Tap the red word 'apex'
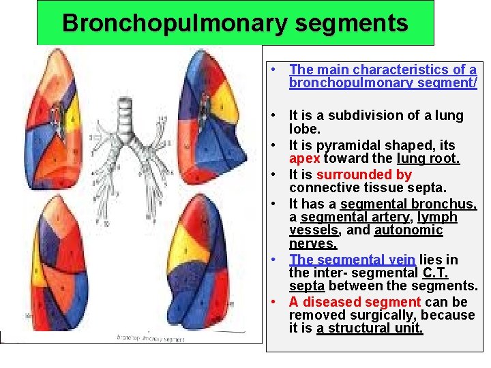[304, 159]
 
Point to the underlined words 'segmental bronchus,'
[408, 204]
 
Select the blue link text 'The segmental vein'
[352, 260]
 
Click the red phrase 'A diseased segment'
[355, 302]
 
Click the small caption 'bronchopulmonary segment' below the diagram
[150, 337]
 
